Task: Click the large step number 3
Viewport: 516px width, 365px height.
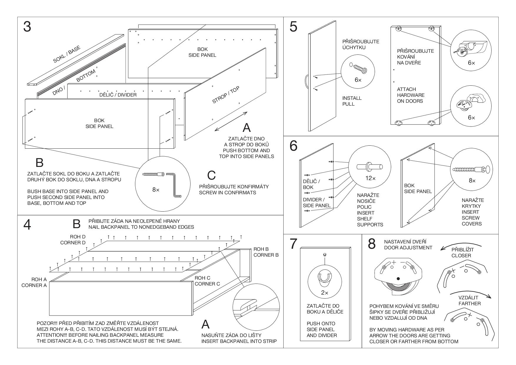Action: point(27,27)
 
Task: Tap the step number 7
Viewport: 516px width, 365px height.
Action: point(293,244)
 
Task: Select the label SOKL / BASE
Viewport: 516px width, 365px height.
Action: point(66,54)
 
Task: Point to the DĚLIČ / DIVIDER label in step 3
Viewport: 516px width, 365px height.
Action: point(118,95)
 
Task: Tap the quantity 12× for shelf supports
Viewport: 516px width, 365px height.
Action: point(370,178)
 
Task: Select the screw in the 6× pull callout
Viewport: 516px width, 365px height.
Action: point(359,69)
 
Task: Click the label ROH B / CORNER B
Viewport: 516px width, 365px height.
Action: point(266,252)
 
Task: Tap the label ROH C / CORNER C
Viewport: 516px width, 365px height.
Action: point(207,281)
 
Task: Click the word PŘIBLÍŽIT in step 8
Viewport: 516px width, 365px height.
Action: point(463,250)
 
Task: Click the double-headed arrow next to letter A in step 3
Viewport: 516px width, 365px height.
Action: point(231,121)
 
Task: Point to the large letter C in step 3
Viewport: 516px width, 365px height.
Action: point(212,175)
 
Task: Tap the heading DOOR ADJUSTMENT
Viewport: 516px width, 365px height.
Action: point(408,248)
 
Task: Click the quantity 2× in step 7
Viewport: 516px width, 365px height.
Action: point(324,293)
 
